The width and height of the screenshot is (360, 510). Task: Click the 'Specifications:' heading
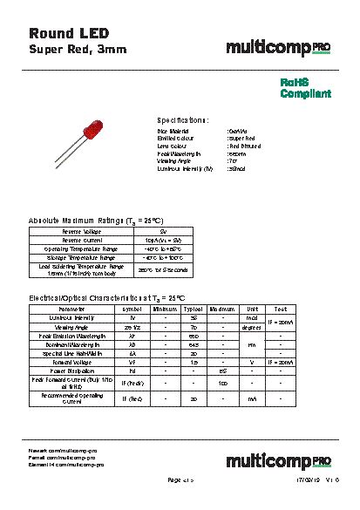pos(182,120)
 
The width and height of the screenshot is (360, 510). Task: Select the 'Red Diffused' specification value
pos(247,146)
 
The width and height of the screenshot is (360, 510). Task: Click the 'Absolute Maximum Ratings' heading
pos(96,221)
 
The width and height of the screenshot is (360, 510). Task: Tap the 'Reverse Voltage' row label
pos(83,231)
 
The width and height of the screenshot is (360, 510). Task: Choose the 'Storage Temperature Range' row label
pos(83,258)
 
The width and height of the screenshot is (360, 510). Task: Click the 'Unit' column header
pos(252,309)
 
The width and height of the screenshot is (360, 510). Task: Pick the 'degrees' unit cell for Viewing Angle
pos(252,327)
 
